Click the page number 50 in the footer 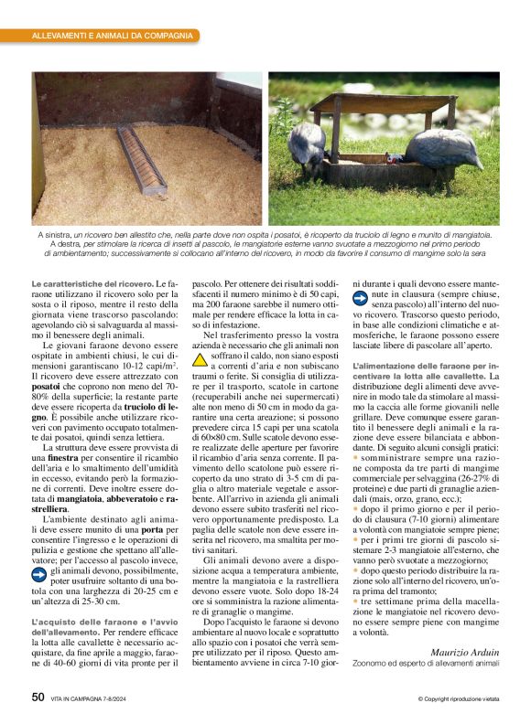[38, 697]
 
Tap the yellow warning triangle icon [200, 360]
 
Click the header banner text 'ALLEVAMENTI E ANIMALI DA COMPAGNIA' [113, 36]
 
